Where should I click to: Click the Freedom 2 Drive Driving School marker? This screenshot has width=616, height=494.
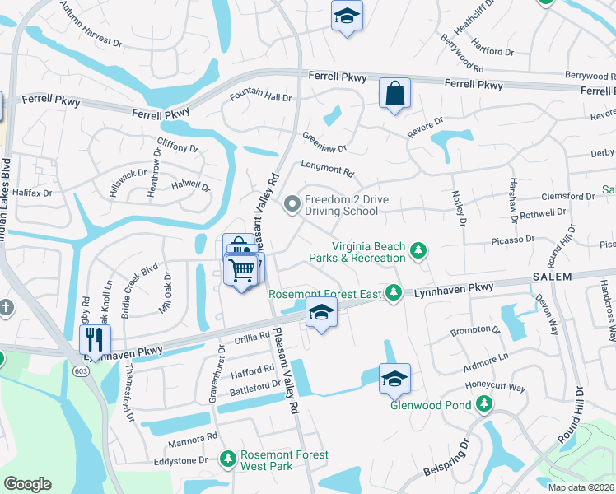pyautogui.click(x=291, y=203)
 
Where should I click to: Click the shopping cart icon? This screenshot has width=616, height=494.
pyautogui.click(x=241, y=269)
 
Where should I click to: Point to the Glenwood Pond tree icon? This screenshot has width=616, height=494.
pyautogui.click(x=484, y=404)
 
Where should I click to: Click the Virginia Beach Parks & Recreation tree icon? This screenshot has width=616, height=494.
pyautogui.click(x=418, y=249)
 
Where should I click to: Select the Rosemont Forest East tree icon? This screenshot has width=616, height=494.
pyautogui.click(x=394, y=292)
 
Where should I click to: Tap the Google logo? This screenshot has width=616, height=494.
pyautogui.click(x=27, y=483)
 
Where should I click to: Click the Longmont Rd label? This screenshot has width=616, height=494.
pyautogui.click(x=327, y=170)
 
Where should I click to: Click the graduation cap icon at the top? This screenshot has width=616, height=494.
pyautogui.click(x=347, y=16)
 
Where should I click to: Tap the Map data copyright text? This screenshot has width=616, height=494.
pyautogui.click(x=581, y=487)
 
